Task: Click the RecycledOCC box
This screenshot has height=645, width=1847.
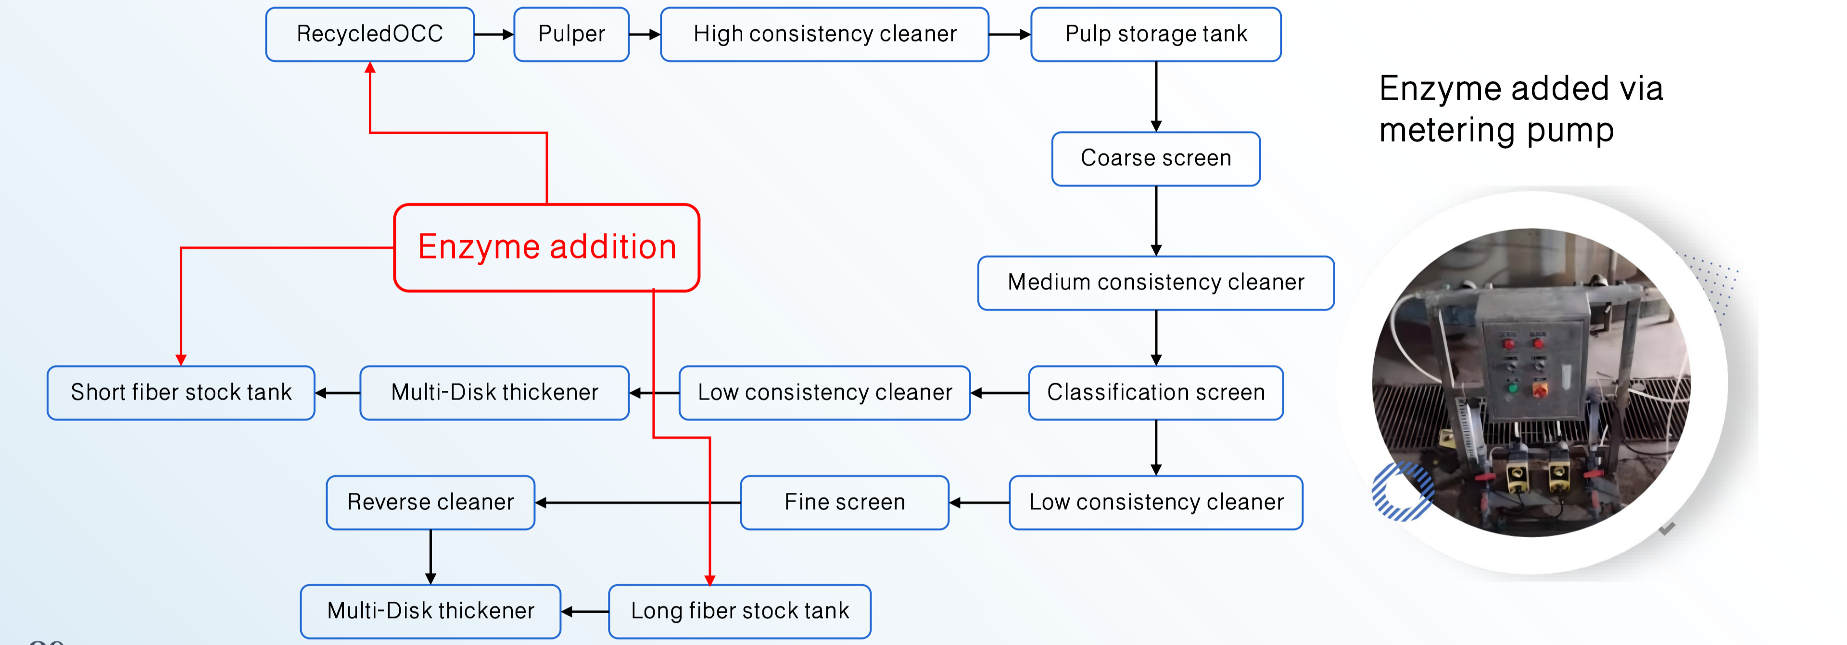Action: pos(369,35)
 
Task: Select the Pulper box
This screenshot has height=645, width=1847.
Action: pos(571,35)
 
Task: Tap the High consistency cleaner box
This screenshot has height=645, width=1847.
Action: pos(824,35)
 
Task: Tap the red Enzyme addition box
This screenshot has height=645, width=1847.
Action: pos(546,247)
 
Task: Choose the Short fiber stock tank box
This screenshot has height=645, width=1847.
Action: pos(181,392)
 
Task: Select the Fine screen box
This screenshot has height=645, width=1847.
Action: pos(844,502)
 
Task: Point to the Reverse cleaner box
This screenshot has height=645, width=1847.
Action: pos(430,502)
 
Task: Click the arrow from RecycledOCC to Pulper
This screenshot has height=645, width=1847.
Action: pos(494,35)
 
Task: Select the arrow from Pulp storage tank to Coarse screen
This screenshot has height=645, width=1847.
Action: pos(1156,97)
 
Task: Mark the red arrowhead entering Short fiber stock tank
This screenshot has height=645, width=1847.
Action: pos(181,359)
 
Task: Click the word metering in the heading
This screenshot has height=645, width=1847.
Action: pos(1446,130)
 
